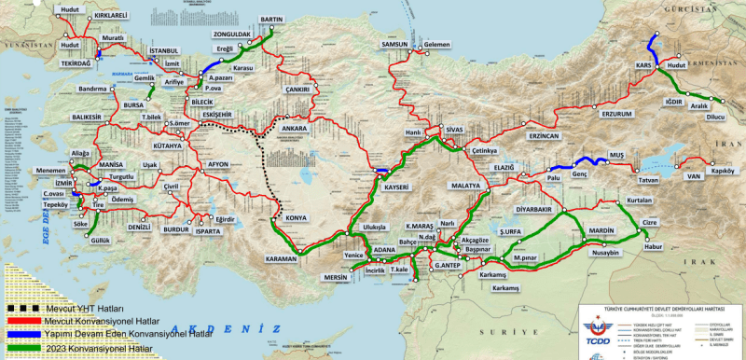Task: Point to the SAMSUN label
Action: point(395,45)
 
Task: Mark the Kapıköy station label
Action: point(725,171)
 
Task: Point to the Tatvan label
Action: point(648,179)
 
